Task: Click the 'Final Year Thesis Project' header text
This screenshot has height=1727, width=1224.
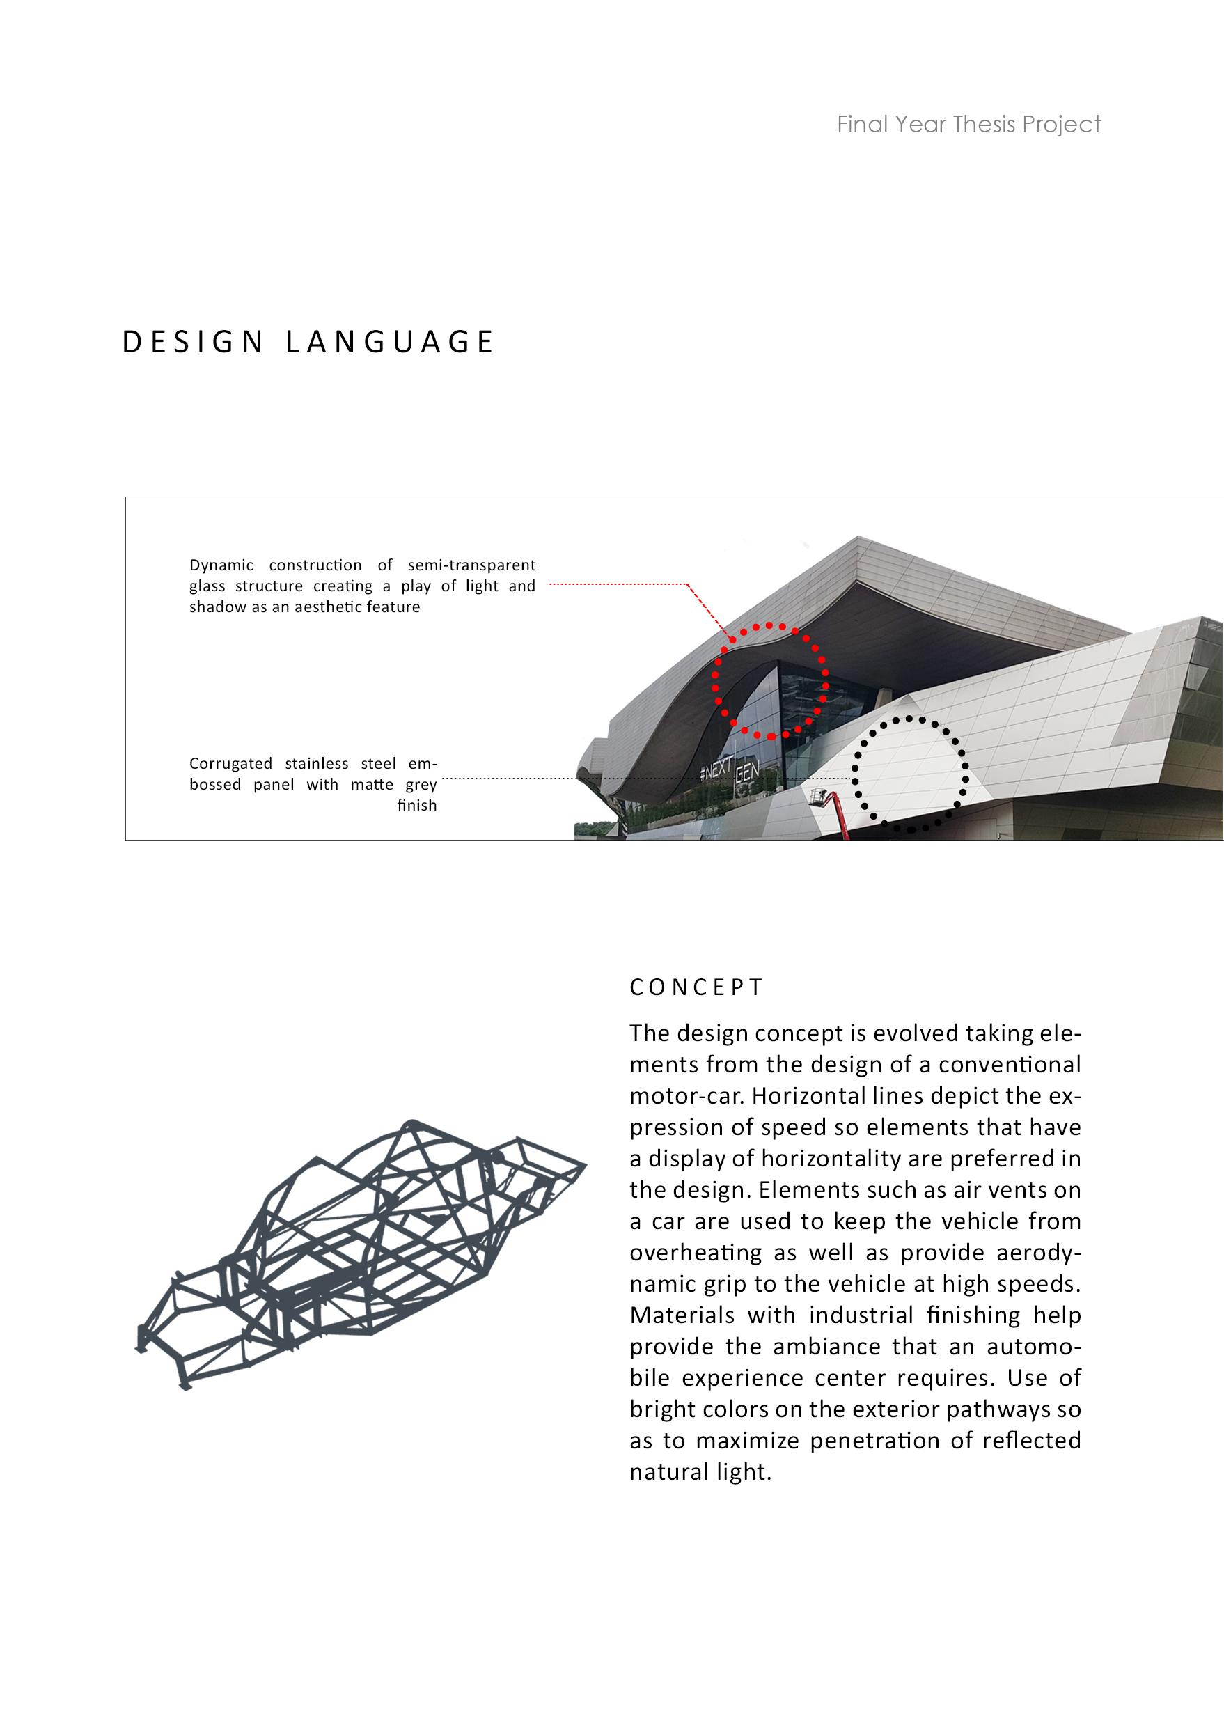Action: tap(968, 125)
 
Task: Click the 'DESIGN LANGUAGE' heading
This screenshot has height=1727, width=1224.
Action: tap(308, 342)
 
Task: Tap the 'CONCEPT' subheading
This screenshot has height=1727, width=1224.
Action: tap(696, 987)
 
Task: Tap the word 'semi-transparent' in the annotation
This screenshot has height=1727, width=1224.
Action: tap(471, 565)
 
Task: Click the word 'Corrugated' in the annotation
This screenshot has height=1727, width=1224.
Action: tap(230, 764)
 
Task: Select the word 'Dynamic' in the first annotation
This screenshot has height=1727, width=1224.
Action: tap(221, 565)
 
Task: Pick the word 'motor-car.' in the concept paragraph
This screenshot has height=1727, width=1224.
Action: tap(686, 1095)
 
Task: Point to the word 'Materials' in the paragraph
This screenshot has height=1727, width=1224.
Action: tap(682, 1315)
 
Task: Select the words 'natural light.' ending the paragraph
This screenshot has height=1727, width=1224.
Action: tap(700, 1472)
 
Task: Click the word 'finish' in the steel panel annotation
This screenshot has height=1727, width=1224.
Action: tap(417, 806)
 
